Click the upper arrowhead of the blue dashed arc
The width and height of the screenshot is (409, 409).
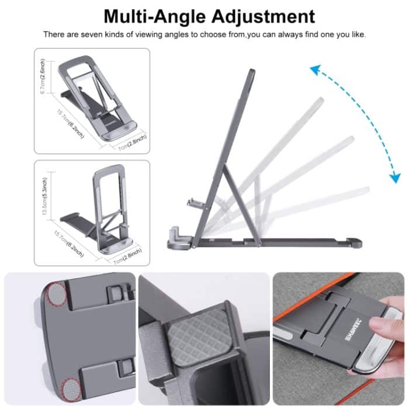coord(314,70)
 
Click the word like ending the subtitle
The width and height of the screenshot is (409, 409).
coord(357,34)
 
